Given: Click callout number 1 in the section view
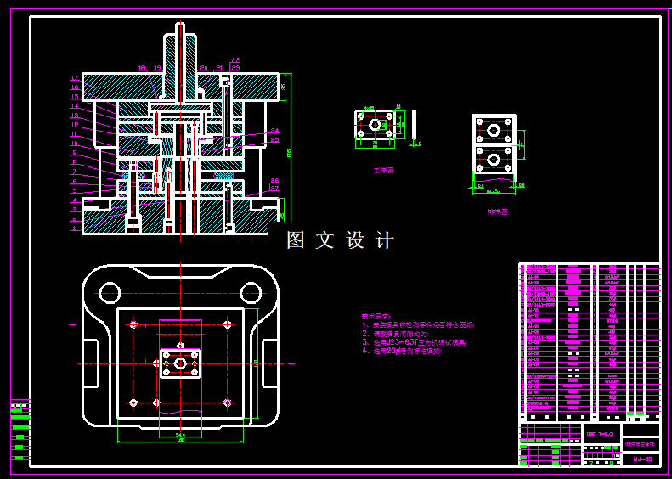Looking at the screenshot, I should pyautogui.click(x=75, y=228).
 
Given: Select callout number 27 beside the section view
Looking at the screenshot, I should pyautogui.click(x=274, y=189).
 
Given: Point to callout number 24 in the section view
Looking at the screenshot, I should pyautogui.click(x=274, y=131).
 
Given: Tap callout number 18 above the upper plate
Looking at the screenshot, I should pyautogui.click(x=142, y=67).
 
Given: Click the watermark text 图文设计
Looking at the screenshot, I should pyautogui.click(x=340, y=240).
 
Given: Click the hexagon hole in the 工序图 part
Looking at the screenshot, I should pyautogui.click(x=374, y=124).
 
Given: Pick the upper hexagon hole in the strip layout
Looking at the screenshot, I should pyautogui.click(x=494, y=130).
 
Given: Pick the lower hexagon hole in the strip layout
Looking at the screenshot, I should pyautogui.click(x=494, y=158).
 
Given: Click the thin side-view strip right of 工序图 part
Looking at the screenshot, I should pyautogui.click(x=414, y=124).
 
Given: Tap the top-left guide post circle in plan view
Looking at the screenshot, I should pyautogui.click(x=110, y=293).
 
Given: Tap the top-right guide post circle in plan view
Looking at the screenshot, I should pyautogui.click(x=250, y=293).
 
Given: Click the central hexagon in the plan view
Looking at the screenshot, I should pyautogui.click(x=181, y=363).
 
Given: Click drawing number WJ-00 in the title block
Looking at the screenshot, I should pyautogui.click(x=642, y=459).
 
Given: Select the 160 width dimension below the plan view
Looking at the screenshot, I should pyautogui.click(x=180, y=440).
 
